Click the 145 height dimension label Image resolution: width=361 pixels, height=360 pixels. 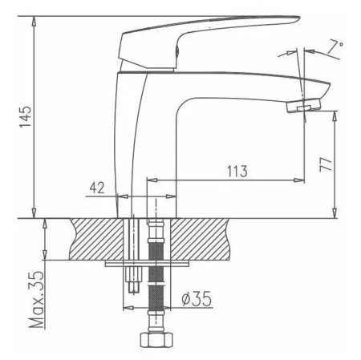pyautogui.click(x=26, y=117)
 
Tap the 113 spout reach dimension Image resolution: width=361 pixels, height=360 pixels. pyautogui.click(x=237, y=172)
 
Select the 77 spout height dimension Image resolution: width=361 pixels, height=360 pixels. pyautogui.click(x=326, y=164)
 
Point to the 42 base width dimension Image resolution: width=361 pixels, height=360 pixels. pyautogui.click(x=97, y=188)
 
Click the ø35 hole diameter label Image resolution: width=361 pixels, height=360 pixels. pyautogui.click(x=197, y=298)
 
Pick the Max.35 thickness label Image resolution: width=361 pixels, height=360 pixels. pyautogui.click(x=36, y=300)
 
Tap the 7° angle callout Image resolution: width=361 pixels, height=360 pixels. pyautogui.click(x=335, y=46)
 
